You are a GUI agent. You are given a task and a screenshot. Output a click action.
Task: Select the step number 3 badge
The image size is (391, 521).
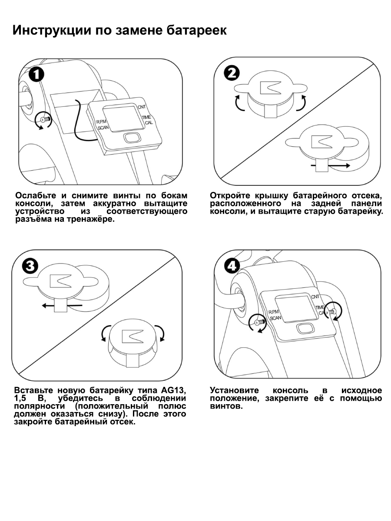pyautogui.click(x=30, y=266)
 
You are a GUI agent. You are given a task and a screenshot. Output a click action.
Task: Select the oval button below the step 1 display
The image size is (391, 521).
pyautogui.click(x=131, y=138)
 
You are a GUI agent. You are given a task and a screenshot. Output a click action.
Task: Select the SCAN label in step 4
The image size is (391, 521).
pyautogui.click(x=275, y=318)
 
